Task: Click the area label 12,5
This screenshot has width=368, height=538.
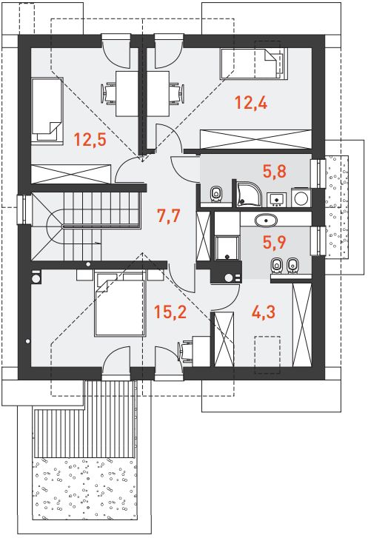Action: click(90, 140)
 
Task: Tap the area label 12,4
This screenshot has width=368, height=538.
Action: click(251, 103)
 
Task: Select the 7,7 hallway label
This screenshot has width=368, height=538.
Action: click(168, 216)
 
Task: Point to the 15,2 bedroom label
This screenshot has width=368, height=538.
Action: click(170, 312)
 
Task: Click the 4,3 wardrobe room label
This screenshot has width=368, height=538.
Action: click(264, 312)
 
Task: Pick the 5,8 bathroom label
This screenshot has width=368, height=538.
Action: click(275, 171)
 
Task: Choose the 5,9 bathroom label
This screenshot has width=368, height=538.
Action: click(275, 242)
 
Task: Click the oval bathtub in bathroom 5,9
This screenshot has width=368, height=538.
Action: click(266, 221)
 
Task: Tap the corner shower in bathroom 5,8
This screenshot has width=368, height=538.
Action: click(250, 194)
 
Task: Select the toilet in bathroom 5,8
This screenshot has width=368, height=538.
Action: click(215, 193)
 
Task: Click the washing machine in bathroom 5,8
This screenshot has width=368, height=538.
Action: click(301, 198)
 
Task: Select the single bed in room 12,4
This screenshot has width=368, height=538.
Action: click(253, 64)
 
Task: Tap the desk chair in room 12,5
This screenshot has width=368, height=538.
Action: click(109, 93)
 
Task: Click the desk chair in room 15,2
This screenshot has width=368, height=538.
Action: click(185, 351)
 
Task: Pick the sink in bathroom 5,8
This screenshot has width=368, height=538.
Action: click(276, 200)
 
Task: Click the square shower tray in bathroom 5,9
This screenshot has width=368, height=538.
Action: click(227, 248)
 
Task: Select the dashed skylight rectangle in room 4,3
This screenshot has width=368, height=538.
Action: click(267, 355)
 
